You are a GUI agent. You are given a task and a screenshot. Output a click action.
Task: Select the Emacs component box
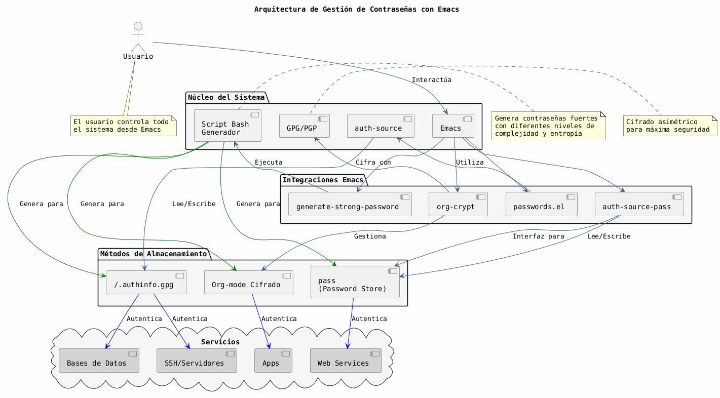pyautogui.click(x=453, y=126)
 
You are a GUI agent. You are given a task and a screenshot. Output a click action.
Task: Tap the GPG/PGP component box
pyautogui.click(x=305, y=126)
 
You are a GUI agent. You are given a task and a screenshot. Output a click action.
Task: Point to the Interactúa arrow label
pyautogui.click(x=431, y=80)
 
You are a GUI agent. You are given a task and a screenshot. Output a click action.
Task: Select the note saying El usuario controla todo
pyautogui.click(x=124, y=126)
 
